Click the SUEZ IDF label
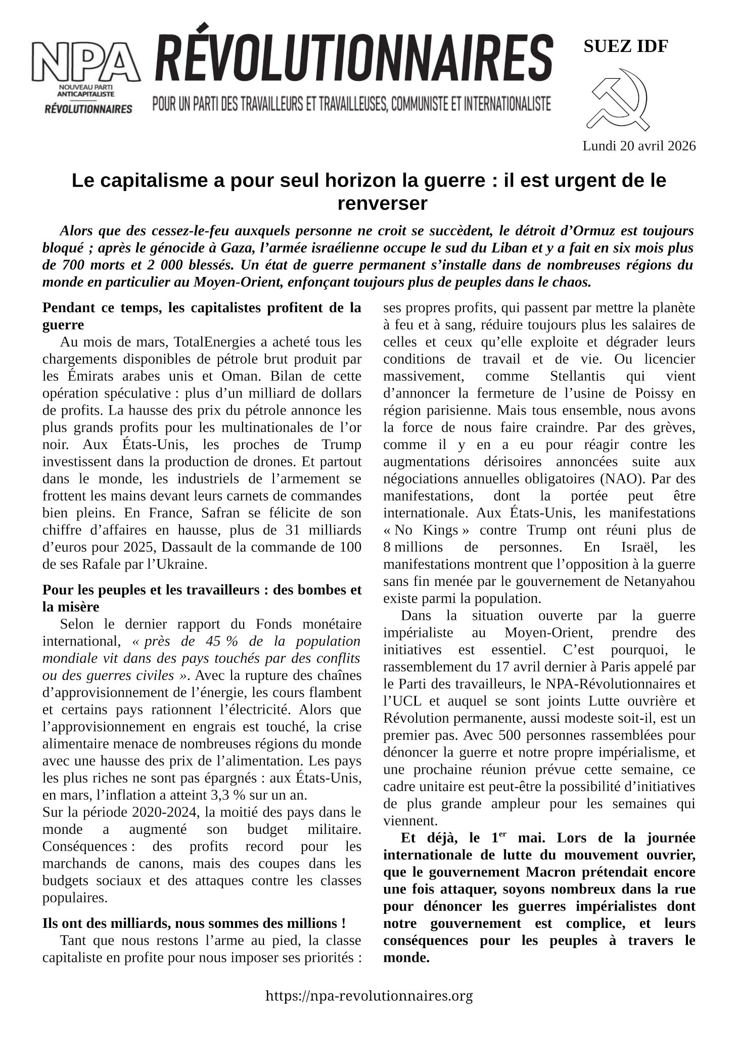(x=626, y=46)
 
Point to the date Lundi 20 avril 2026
(x=639, y=146)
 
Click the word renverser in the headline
(x=382, y=204)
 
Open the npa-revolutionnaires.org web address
(x=369, y=996)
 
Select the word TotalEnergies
(x=214, y=342)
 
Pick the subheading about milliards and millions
(x=194, y=923)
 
